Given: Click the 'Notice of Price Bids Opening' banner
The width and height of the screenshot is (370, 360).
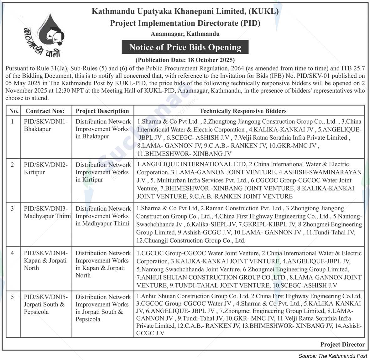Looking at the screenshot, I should [185, 47].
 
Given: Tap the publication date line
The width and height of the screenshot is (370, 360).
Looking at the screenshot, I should [185, 59].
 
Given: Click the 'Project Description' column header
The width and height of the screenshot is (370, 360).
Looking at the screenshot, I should [102, 111].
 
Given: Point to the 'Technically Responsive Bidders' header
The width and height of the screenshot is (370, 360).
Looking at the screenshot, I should [243, 111].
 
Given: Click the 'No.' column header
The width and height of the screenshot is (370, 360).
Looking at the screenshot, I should [14, 111].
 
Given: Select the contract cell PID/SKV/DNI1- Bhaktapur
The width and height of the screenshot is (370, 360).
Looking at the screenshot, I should [46, 125].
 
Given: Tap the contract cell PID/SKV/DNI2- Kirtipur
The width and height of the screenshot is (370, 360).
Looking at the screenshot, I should [46, 168].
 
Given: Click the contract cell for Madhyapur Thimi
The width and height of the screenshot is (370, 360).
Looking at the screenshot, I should [47, 212].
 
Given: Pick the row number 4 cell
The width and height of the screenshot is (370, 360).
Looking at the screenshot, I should [13, 253].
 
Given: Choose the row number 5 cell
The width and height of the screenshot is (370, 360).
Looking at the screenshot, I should [13, 297].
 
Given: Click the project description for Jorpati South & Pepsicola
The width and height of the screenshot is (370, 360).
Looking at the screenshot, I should [103, 308].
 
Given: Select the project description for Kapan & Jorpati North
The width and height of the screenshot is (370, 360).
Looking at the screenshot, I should [103, 264].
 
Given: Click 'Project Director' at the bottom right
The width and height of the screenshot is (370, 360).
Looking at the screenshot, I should [342, 344].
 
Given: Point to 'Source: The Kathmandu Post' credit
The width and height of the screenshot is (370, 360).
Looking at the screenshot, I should [333, 356].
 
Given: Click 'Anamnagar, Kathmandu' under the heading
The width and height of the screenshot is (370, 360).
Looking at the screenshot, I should [185, 34].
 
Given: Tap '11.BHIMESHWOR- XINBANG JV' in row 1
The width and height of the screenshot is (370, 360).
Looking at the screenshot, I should [184, 154].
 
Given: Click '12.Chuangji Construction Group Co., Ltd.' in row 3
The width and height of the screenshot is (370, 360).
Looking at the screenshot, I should [191, 240].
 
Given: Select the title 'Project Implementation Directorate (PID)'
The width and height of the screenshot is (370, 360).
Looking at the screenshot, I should [185, 23].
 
